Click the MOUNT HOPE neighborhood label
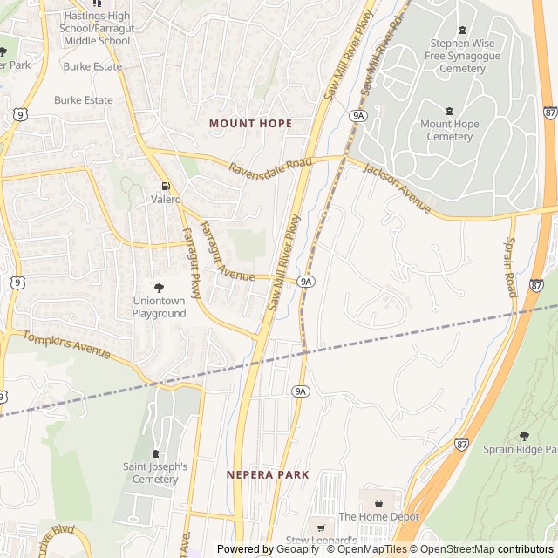[250, 124]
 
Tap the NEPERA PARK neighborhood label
[268, 474]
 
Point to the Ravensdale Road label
[270, 165]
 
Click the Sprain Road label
[510, 267]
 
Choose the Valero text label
[166, 200]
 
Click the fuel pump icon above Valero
[166, 186]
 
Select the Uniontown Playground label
[159, 307]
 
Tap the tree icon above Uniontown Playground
[159, 287]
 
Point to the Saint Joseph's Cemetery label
[155, 473]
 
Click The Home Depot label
[378, 517]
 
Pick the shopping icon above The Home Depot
[378, 503]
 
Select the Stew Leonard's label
[322, 541]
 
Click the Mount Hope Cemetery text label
[449, 131]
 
